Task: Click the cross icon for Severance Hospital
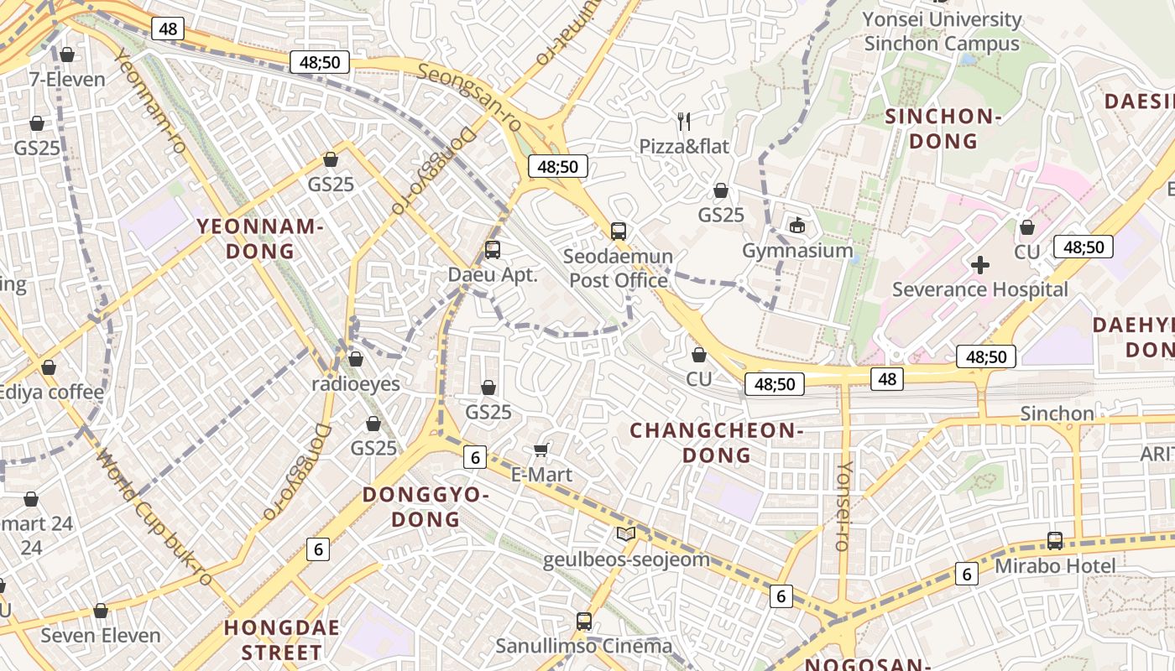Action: pyautogui.click(x=979, y=266)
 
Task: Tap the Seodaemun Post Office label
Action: pyautogui.click(x=619, y=268)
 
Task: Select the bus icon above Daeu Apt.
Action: pyautogui.click(x=493, y=249)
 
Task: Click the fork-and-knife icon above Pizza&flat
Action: pyautogui.click(x=684, y=122)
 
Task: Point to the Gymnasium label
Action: pyautogui.click(x=797, y=250)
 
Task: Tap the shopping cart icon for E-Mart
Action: pyautogui.click(x=541, y=450)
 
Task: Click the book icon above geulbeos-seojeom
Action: pyautogui.click(x=625, y=533)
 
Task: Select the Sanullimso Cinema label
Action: pyautogui.click(x=583, y=646)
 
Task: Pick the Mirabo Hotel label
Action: pyautogui.click(x=1055, y=566)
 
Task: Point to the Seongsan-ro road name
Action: pyautogui.click(x=469, y=98)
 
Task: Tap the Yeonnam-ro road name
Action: pyautogui.click(x=150, y=101)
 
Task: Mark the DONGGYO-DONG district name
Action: pyautogui.click(x=426, y=507)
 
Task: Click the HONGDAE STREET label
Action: pyautogui.click(x=282, y=640)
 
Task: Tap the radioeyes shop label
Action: pyautogui.click(x=355, y=384)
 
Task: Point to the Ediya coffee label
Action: pyautogui.click(x=52, y=392)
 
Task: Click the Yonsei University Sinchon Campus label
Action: pyautogui.click(x=942, y=31)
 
